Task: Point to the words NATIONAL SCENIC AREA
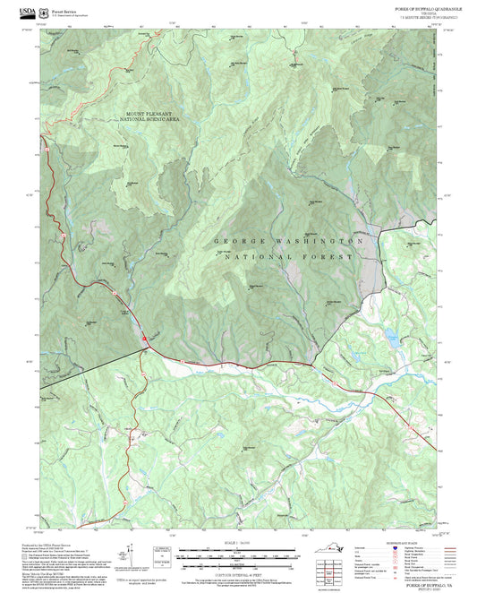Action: click(x=149, y=119)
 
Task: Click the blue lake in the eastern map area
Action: click(x=392, y=338)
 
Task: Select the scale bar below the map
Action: click(x=238, y=553)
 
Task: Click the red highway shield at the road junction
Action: click(x=147, y=336)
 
